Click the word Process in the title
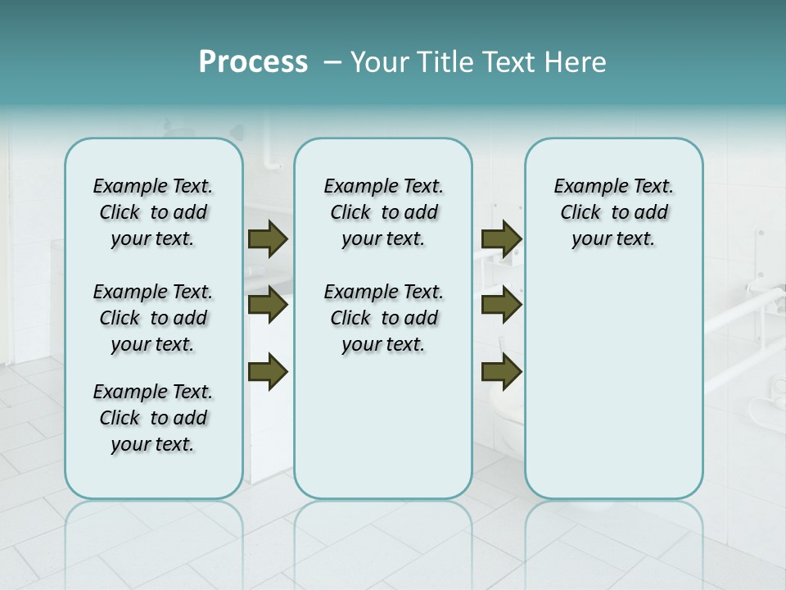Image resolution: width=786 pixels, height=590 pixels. (x=253, y=62)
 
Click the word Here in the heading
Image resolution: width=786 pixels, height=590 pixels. (x=574, y=62)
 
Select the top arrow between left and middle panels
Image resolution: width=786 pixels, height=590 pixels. (x=268, y=238)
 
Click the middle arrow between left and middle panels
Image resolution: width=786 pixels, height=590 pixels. (x=268, y=305)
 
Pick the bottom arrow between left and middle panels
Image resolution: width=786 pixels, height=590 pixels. (x=268, y=371)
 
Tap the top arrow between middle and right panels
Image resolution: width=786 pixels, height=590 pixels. (x=501, y=238)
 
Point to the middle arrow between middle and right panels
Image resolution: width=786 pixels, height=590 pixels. (x=501, y=305)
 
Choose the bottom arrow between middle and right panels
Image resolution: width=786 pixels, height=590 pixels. (x=501, y=371)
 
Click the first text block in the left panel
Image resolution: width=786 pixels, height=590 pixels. (x=153, y=212)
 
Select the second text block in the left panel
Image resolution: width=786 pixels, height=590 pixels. (x=153, y=318)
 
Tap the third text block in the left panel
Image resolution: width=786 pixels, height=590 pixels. (x=153, y=418)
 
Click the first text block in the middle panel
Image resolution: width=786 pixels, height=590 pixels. (x=383, y=212)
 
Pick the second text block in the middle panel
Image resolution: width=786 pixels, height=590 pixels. (x=383, y=318)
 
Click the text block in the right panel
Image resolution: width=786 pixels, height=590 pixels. (x=613, y=212)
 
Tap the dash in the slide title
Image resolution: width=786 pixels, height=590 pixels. (x=332, y=63)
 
